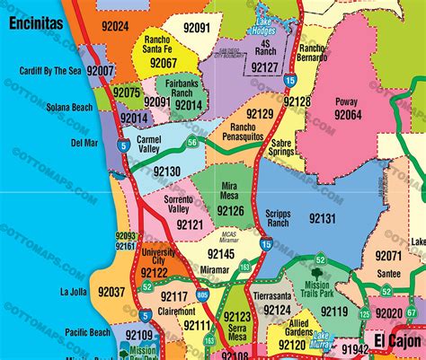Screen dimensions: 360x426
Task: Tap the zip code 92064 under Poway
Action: click(x=347, y=115)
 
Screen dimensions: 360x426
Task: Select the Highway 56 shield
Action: click(x=192, y=142)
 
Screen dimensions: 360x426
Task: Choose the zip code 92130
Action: click(x=166, y=171)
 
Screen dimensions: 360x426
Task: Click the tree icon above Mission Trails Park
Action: click(x=319, y=263)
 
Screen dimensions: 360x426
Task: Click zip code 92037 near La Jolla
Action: click(x=111, y=292)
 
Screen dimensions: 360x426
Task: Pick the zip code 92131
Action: click(x=321, y=217)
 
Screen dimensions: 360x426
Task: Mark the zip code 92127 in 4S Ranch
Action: click(x=265, y=66)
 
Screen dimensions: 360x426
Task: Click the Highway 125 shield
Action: click(x=364, y=338)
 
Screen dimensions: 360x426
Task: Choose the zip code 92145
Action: click(x=221, y=255)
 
